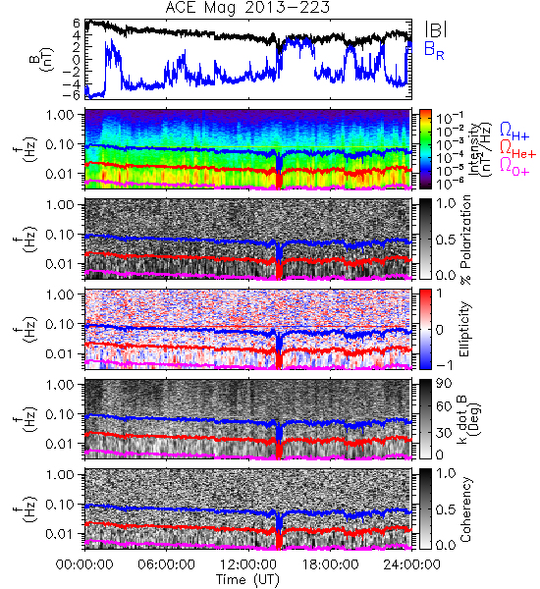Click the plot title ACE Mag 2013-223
[247, 8]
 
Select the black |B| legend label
[435, 29]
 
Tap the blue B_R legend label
[434, 50]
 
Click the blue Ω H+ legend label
[514, 132]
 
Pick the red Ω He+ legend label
[517, 149]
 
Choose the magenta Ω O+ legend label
[514, 167]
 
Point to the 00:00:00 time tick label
[84, 564]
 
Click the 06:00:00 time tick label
[166, 564]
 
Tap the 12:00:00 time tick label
[248, 564]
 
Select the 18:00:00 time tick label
[330, 564]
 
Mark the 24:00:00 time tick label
[411, 564]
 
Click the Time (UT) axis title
[248, 580]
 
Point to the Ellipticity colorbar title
[464, 329]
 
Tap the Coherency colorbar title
[465, 509]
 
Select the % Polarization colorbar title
[465, 240]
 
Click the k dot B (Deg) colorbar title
[469, 419]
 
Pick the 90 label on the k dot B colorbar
[444, 384]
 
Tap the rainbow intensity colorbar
[425, 149]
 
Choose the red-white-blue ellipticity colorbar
[425, 329]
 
